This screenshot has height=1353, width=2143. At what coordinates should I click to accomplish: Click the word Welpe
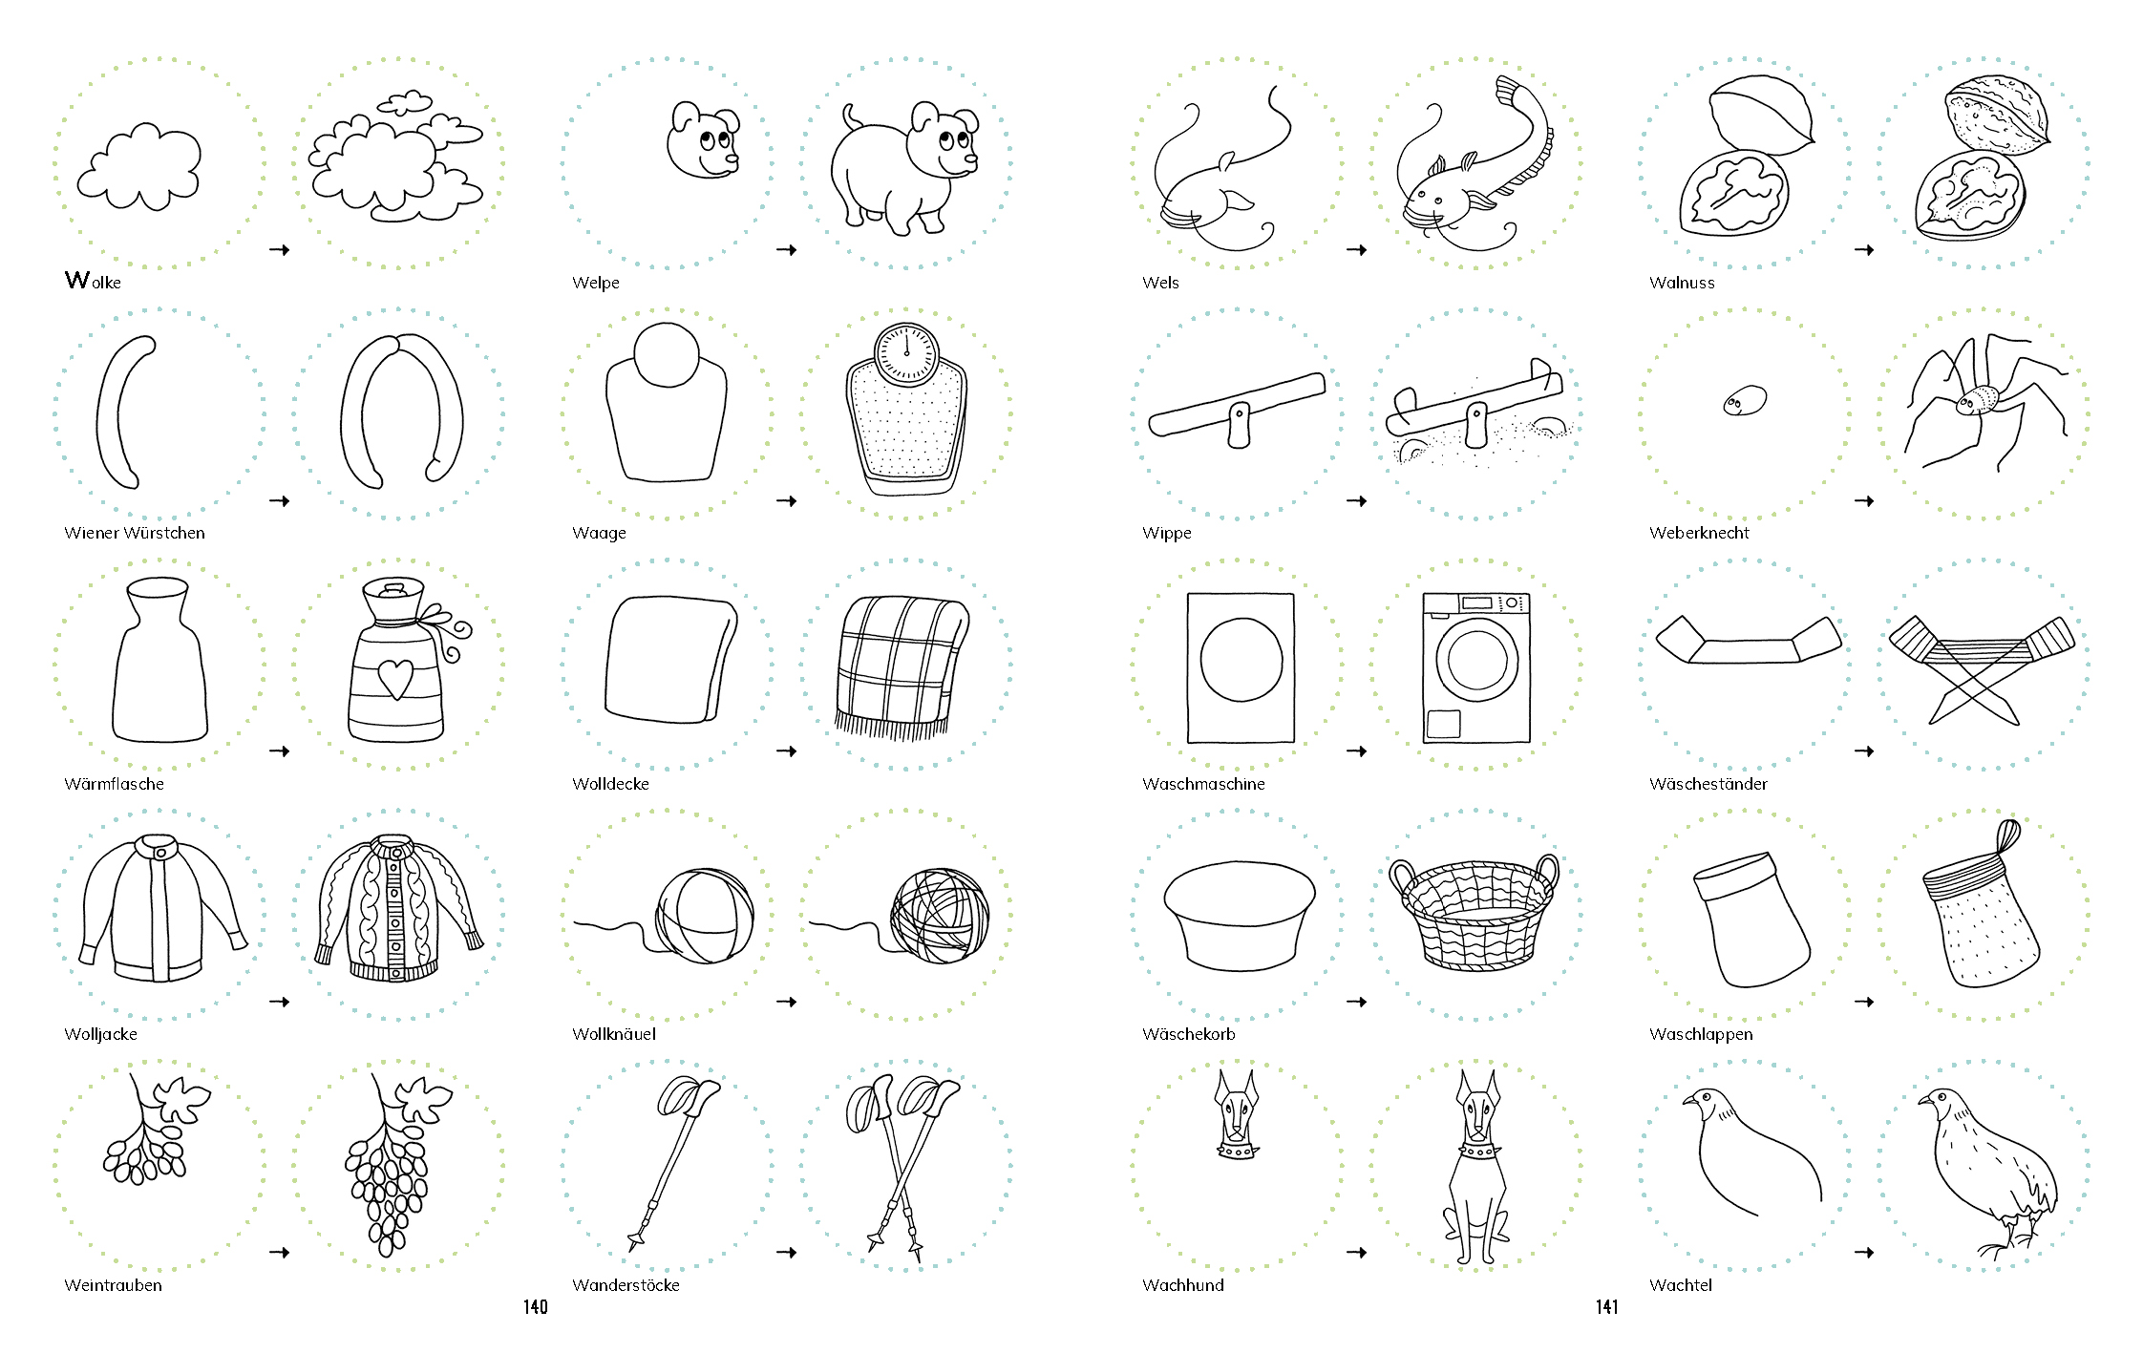596,283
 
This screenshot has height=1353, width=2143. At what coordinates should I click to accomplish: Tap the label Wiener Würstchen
135,533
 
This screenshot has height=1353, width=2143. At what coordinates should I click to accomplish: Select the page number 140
536,1307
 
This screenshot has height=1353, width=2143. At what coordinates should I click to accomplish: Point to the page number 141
1607,1307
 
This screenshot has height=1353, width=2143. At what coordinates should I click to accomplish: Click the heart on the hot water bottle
395,678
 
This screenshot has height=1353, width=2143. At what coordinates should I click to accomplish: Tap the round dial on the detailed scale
907,354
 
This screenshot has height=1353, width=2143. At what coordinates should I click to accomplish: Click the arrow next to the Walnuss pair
1864,250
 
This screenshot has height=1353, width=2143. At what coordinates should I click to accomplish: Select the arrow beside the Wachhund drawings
1357,1253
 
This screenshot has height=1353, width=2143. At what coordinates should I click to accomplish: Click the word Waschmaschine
1203,784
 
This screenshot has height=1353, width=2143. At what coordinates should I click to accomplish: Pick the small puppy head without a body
704,140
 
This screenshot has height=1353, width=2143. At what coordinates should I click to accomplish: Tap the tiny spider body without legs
1745,400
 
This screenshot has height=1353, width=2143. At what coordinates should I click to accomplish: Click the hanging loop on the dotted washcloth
2007,836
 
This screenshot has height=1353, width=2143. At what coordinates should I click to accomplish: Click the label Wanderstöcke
626,1285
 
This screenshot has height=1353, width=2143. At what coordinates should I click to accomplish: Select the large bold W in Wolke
77,280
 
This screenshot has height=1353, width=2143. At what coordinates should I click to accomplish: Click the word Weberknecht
1699,533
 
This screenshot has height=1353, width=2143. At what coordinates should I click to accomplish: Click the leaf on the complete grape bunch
422,1097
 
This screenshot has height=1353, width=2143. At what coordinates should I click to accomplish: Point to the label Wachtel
1681,1285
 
